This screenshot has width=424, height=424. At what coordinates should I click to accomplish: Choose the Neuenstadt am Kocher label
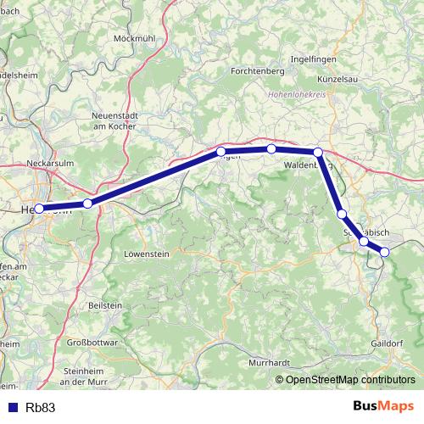[114, 120]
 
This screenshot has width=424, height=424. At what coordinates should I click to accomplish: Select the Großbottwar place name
[91, 343]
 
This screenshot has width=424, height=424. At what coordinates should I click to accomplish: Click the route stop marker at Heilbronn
[39, 208]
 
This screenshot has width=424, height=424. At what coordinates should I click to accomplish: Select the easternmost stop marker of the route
[384, 252]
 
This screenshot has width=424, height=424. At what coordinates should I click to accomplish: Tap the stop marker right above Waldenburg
[318, 153]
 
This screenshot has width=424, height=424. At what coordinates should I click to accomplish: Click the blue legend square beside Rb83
[11, 407]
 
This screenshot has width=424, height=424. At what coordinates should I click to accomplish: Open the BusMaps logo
[383, 406]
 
